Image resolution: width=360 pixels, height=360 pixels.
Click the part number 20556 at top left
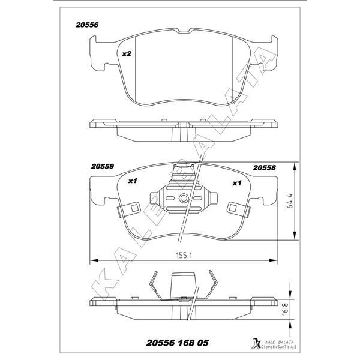(x=87, y=25)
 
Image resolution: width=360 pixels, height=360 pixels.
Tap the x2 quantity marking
(x=127, y=54)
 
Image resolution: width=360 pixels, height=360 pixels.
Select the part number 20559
(x=103, y=166)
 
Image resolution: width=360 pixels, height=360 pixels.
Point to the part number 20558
(x=264, y=168)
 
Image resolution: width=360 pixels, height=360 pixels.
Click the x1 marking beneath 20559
(x=133, y=181)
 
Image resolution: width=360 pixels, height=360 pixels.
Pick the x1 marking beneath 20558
(x=237, y=183)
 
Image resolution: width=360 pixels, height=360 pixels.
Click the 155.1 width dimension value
(x=184, y=255)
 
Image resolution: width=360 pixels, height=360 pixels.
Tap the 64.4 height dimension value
(x=290, y=200)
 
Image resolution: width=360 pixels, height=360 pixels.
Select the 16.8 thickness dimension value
(x=284, y=309)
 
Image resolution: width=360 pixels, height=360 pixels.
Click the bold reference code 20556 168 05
(x=177, y=343)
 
